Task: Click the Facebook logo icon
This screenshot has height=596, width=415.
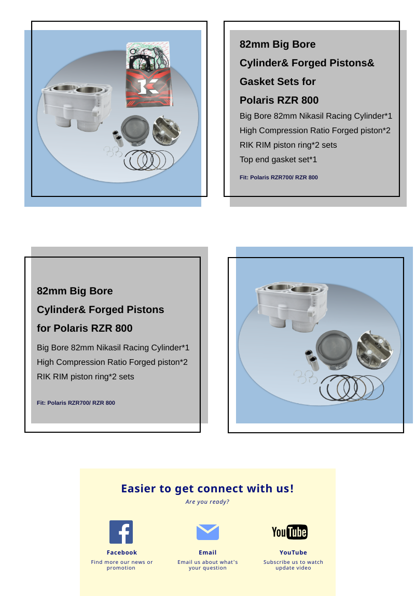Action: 121,532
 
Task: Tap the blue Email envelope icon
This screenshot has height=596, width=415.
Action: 208,532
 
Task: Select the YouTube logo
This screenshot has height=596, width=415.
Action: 289,532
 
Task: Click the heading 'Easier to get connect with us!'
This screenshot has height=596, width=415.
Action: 208,488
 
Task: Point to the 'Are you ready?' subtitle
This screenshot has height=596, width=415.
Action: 208,502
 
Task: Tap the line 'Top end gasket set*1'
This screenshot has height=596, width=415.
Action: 278,160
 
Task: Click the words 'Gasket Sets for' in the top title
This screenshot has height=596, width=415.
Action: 278,81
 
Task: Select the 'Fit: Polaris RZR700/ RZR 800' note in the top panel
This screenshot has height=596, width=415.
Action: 279,177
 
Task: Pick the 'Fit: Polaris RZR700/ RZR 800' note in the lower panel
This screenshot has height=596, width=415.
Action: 76,403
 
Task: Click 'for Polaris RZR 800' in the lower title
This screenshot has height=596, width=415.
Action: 85,328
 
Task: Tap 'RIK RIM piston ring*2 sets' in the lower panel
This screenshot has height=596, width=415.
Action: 85,377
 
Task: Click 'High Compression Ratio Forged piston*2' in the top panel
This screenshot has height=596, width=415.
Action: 315,131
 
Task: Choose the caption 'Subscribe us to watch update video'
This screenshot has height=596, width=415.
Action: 293,565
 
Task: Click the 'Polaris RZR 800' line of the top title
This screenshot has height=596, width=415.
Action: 279,100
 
